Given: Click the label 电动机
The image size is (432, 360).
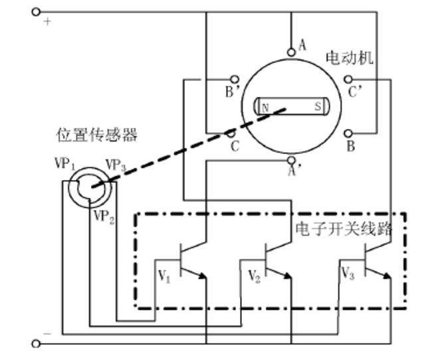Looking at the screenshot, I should pyautogui.click(x=349, y=58).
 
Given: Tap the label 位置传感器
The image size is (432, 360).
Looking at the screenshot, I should pyautogui.click(x=97, y=135).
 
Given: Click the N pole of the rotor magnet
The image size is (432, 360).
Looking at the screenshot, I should pyautogui.click(x=265, y=107).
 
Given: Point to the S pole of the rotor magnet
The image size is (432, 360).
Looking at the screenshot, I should pyautogui.click(x=318, y=106).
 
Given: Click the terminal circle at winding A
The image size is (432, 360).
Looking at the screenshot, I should pyautogui.click(x=290, y=52).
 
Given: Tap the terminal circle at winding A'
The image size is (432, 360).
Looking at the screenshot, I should pyautogui.click(x=290, y=160).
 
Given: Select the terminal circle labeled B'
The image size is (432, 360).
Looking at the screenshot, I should pyautogui.click(x=233, y=79).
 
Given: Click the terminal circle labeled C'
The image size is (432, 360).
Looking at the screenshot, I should pyautogui.click(x=349, y=79).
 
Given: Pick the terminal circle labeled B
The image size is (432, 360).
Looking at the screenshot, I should pyautogui.click(x=350, y=134).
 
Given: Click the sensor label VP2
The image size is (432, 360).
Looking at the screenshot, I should pyautogui.click(x=104, y=216).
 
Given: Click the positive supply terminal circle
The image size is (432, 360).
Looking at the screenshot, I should pyautogui.click(x=36, y=11).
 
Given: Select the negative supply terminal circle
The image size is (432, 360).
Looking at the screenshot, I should pyautogui.click(x=36, y=343).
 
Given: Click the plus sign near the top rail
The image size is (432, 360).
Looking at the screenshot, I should pyautogui.click(x=47, y=22).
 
